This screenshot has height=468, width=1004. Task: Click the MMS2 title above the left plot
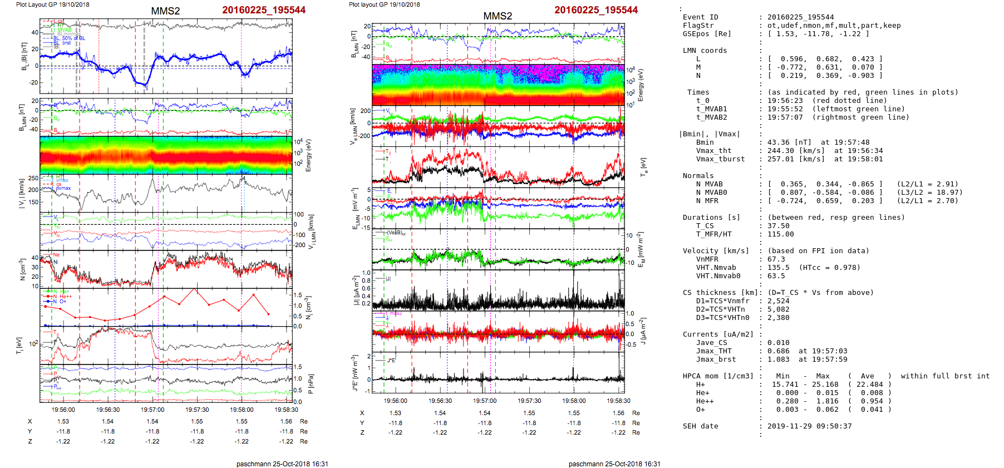165,11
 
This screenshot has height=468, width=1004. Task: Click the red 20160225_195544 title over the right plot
596,10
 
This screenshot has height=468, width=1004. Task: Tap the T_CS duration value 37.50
778,226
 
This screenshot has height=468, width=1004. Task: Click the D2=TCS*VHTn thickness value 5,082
778,309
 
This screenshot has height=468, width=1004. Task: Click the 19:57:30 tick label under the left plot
197,410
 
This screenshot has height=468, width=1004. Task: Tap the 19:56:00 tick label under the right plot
395,401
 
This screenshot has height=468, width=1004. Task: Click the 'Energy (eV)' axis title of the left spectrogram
309,155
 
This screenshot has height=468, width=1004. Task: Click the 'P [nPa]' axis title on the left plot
310,384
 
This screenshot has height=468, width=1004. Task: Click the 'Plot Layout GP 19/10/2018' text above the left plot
52,4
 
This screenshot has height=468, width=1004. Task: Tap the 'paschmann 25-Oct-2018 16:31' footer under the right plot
614,464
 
